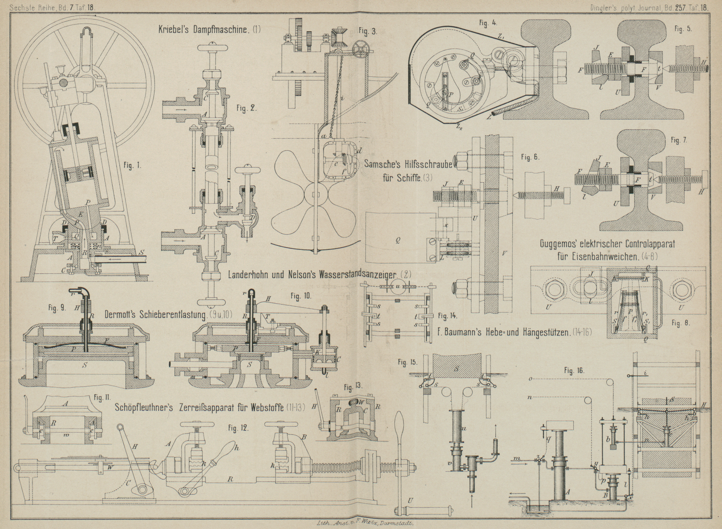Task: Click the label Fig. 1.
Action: point(132,165)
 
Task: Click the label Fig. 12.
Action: point(238,429)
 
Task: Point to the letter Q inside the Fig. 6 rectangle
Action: point(398,240)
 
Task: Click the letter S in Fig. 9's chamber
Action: point(84,365)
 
